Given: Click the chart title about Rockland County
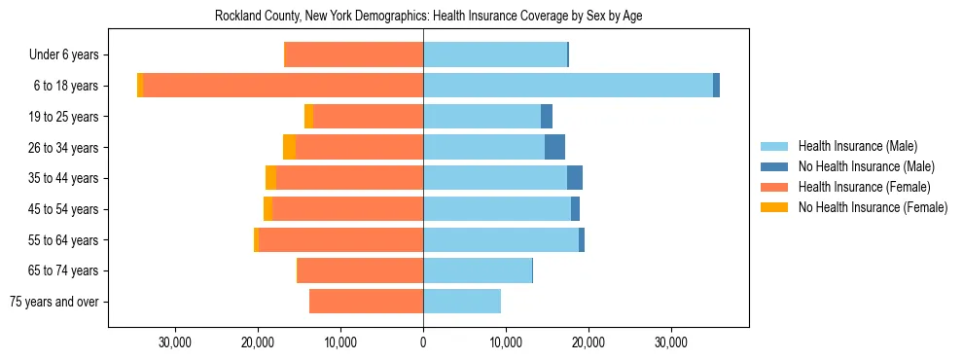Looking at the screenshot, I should pyautogui.click(x=428, y=16).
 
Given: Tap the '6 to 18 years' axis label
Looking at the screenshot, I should pyautogui.click(x=65, y=86).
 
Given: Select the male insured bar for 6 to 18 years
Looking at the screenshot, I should pyautogui.click(x=567, y=86).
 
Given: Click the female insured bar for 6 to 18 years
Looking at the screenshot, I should pyautogui.click(x=282, y=86).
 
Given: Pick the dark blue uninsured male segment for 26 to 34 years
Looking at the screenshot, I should pyautogui.click(x=554, y=148).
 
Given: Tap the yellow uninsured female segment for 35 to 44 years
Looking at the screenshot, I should pyautogui.click(x=270, y=178).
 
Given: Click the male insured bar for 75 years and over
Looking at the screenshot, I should pyautogui.click(x=461, y=302).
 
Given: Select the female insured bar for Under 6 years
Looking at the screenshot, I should pyautogui.click(x=353, y=55).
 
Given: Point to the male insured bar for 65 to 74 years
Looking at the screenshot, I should pyautogui.click(x=477, y=270).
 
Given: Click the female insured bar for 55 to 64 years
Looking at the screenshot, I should pyautogui.click(x=340, y=240).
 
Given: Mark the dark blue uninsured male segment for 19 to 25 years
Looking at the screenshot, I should pyautogui.click(x=547, y=117).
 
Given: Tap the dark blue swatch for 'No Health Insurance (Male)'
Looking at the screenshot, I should pyautogui.click(x=774, y=166).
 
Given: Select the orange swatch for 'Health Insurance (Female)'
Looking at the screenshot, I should pyautogui.click(x=774, y=187).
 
